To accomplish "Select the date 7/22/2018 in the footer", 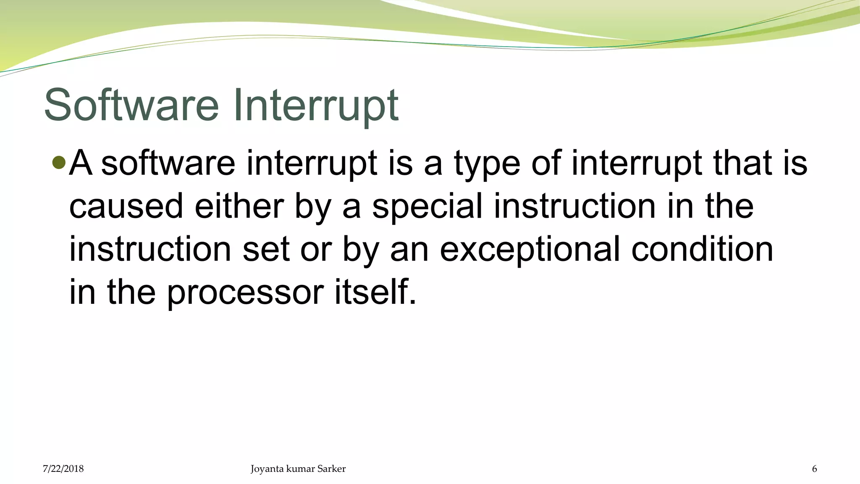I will click(63, 469).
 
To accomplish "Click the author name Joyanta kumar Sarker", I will click(298, 469).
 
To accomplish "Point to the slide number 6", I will click(815, 469).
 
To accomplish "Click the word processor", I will click(245, 293).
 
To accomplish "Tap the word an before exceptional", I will click(409, 250).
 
